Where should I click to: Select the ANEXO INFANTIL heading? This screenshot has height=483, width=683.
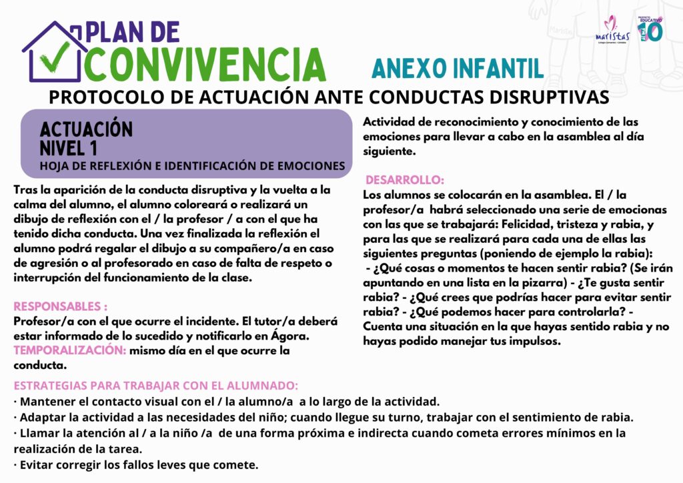pos(457,68)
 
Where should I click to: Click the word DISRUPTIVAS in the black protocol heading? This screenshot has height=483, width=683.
pos(540,97)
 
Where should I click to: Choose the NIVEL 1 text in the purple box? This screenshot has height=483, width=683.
pos(68,148)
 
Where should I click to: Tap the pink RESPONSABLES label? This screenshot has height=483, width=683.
pos(61,307)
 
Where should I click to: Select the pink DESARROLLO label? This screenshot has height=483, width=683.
pos(405,180)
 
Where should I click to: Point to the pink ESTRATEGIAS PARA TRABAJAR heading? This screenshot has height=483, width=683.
pos(156,386)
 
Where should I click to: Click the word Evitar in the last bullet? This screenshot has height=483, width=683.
pos(37,464)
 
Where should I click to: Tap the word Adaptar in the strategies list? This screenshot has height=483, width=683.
pos(43,418)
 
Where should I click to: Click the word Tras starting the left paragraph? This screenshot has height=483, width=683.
pos(25,190)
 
